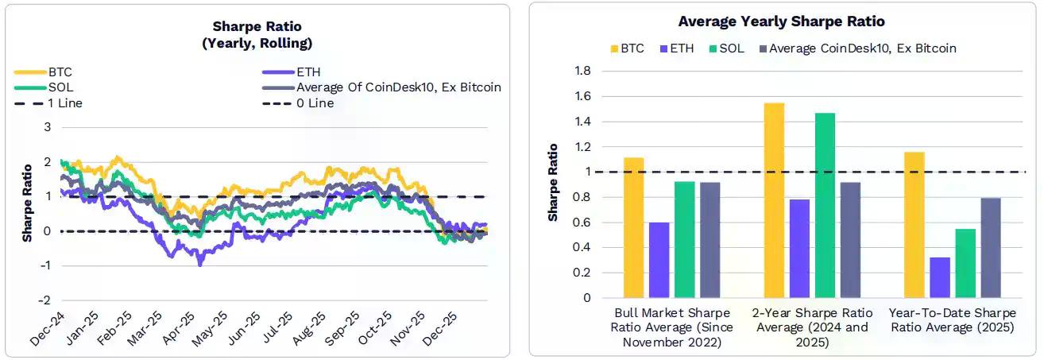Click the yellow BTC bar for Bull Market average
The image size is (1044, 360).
[x=633, y=227]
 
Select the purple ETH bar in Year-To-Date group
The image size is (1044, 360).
[x=940, y=277]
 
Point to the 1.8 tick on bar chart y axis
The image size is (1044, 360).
[x=582, y=72]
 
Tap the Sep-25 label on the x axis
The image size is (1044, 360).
[x=334, y=327]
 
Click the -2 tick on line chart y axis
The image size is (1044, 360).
[x=46, y=301]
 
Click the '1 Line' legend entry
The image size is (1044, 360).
[x=64, y=103]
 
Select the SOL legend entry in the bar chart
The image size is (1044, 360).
[x=731, y=48]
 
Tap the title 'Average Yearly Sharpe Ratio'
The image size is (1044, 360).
[x=781, y=21]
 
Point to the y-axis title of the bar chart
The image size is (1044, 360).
[x=553, y=183]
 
